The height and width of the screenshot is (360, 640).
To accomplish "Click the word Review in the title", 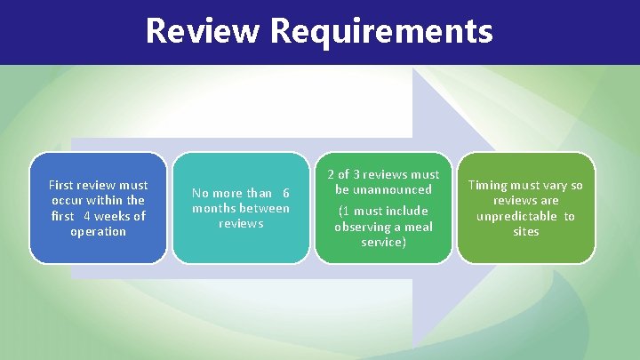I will pos(203,31).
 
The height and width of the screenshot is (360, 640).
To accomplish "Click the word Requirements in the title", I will pos(381,32).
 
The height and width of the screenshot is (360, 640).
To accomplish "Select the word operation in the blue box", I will pos(98,231).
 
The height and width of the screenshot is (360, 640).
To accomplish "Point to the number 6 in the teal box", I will pos(285,193).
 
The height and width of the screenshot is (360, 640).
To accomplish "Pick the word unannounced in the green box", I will pos(383,189).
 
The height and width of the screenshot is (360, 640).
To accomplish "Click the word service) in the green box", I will pos(383,241).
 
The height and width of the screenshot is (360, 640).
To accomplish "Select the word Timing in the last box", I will pos(487,185).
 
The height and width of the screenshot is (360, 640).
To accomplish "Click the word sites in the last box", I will pos(525,231).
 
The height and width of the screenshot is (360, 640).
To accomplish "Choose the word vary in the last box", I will pos(551,185).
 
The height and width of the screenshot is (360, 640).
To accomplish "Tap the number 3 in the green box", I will pos(356,174).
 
